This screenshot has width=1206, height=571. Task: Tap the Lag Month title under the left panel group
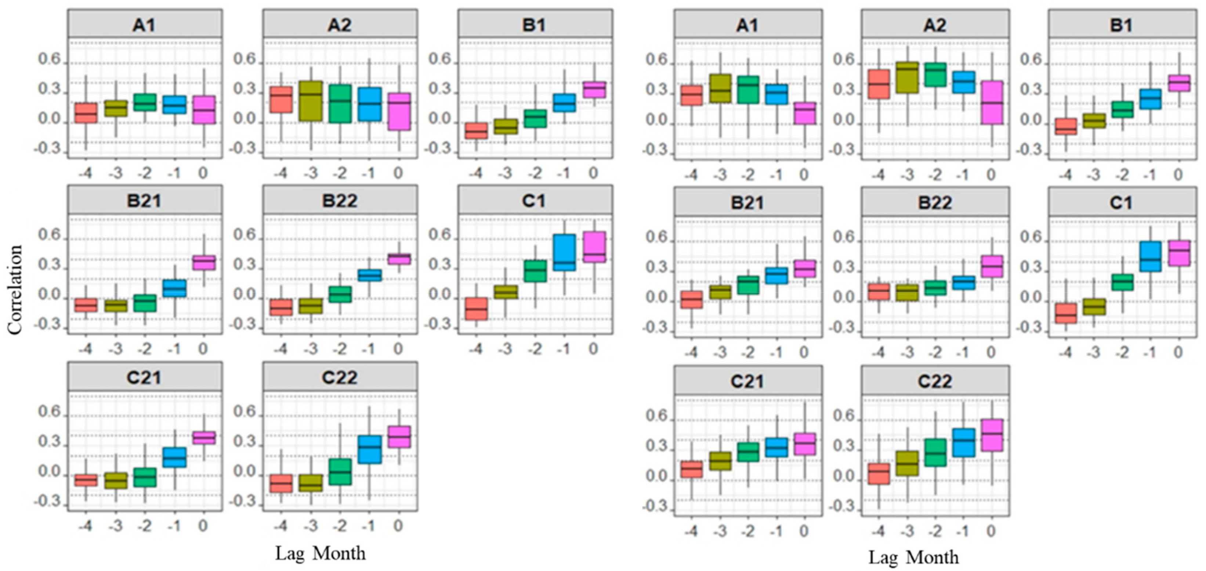point(320,553)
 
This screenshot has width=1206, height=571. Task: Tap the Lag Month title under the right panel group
point(913,557)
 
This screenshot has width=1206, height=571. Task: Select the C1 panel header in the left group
point(535,201)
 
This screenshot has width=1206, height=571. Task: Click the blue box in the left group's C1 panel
point(564,252)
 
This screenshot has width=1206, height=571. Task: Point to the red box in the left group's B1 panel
point(476,131)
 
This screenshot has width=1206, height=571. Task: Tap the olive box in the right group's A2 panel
point(907,77)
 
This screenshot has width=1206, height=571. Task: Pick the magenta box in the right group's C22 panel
point(991,435)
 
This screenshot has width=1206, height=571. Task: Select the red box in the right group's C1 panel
point(1065,313)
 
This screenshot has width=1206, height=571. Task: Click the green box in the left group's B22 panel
point(340,294)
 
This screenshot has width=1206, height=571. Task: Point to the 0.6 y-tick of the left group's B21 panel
point(49,235)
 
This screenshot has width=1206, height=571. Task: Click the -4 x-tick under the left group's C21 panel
point(86,525)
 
